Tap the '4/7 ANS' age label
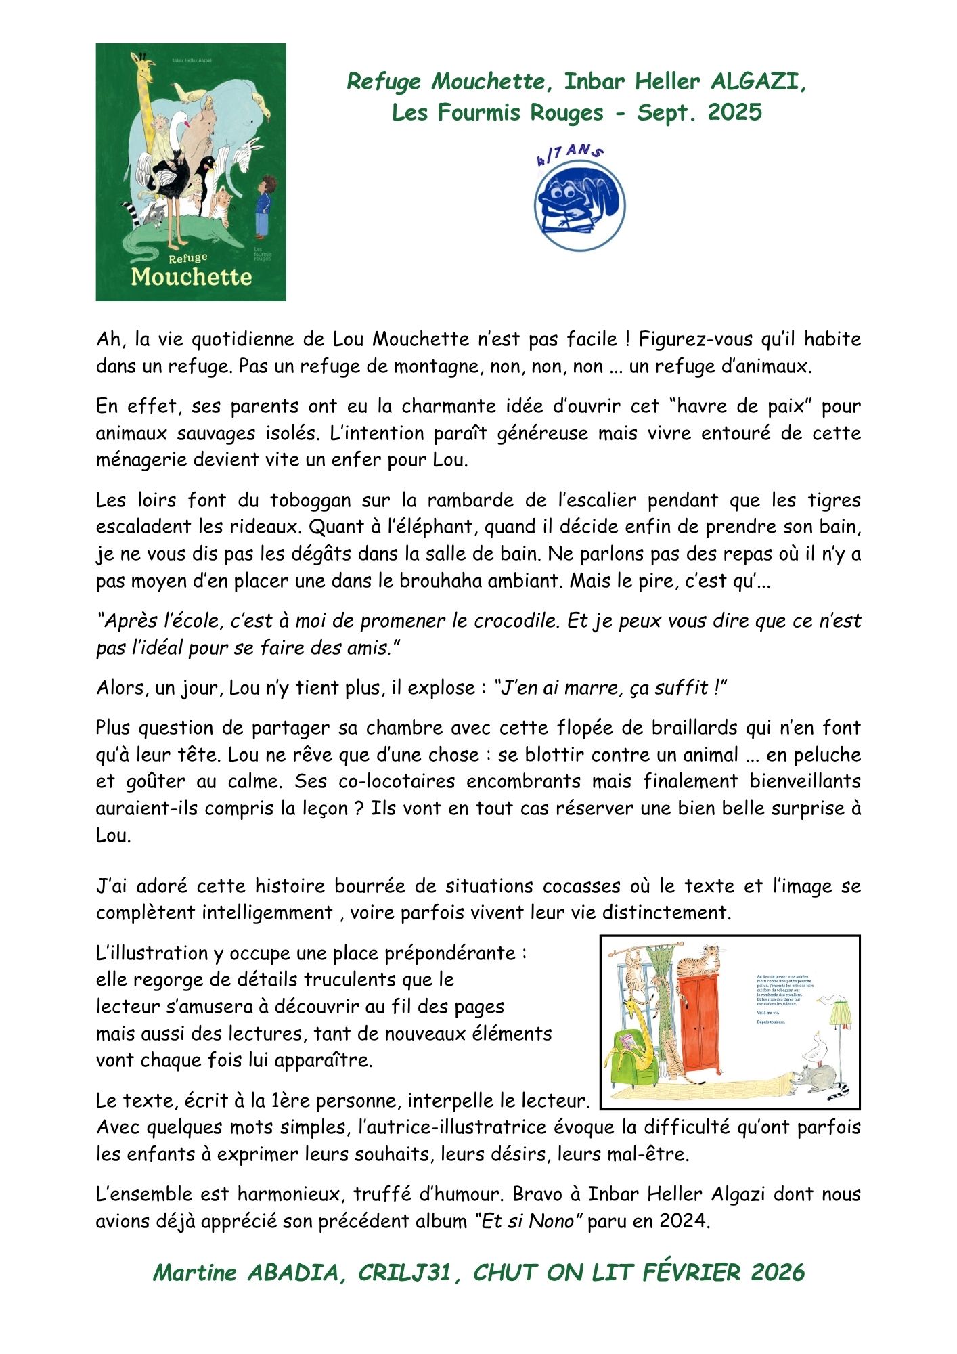tap(570, 154)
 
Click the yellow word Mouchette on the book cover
tap(192, 276)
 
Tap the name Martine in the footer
tap(195, 1273)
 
